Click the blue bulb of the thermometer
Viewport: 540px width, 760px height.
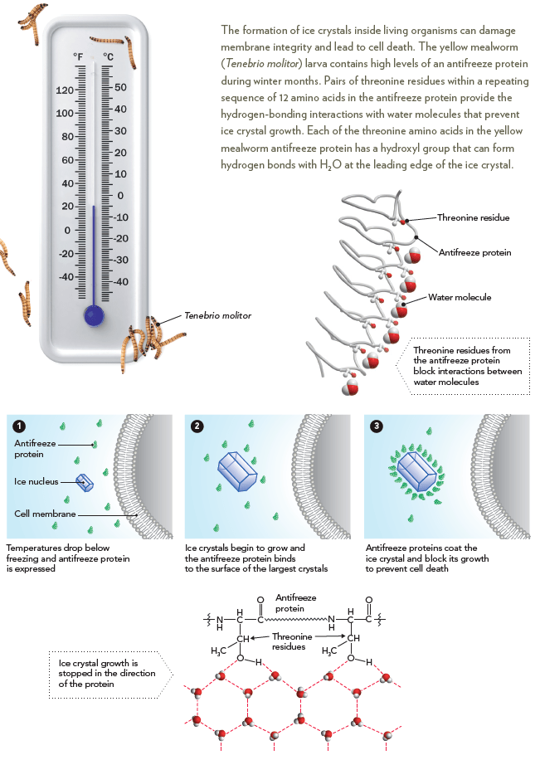coord(94,315)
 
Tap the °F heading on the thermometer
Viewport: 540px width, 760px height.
coord(78,56)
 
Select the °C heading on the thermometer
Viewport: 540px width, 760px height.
coord(109,56)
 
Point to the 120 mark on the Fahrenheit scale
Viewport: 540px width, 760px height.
coord(65,90)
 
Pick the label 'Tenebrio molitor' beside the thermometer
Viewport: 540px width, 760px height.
coord(217,315)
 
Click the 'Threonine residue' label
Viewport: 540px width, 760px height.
coord(474,217)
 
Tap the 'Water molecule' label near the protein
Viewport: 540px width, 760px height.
coord(460,297)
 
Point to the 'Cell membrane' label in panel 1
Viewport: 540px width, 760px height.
coord(45,514)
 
